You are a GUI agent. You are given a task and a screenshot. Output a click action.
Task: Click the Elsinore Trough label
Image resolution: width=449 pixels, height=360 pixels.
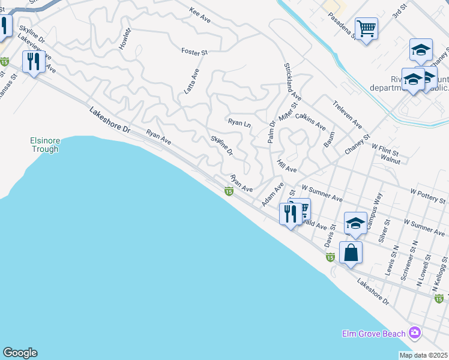pos(45,145)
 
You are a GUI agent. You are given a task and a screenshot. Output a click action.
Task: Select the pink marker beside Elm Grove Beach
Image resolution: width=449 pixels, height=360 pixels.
pos(414,332)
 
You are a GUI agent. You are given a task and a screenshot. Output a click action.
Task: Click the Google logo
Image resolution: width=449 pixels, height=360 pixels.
pos(20,353)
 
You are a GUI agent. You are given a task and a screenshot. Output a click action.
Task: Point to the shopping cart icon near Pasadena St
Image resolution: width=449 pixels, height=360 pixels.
pos(366,28)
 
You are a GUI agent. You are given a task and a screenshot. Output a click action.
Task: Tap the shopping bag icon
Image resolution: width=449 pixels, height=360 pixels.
pos(351,252)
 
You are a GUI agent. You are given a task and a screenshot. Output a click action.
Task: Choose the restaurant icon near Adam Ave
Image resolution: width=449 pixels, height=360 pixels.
pos(291,214)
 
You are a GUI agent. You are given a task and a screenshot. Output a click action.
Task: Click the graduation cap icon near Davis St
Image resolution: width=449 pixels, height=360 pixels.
pos(355,224)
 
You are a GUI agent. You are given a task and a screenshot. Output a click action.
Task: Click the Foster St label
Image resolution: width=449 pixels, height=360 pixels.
pos(194,52)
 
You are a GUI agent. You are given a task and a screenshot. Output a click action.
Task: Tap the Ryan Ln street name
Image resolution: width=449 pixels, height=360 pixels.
pos(239,122)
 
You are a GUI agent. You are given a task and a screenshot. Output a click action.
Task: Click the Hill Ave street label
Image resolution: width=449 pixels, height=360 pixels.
pos(287,166)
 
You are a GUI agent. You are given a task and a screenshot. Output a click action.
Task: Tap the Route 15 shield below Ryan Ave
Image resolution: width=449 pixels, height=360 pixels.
pos(229,191)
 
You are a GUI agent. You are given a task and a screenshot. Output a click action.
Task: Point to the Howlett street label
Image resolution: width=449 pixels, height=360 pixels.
pos(125,38)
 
